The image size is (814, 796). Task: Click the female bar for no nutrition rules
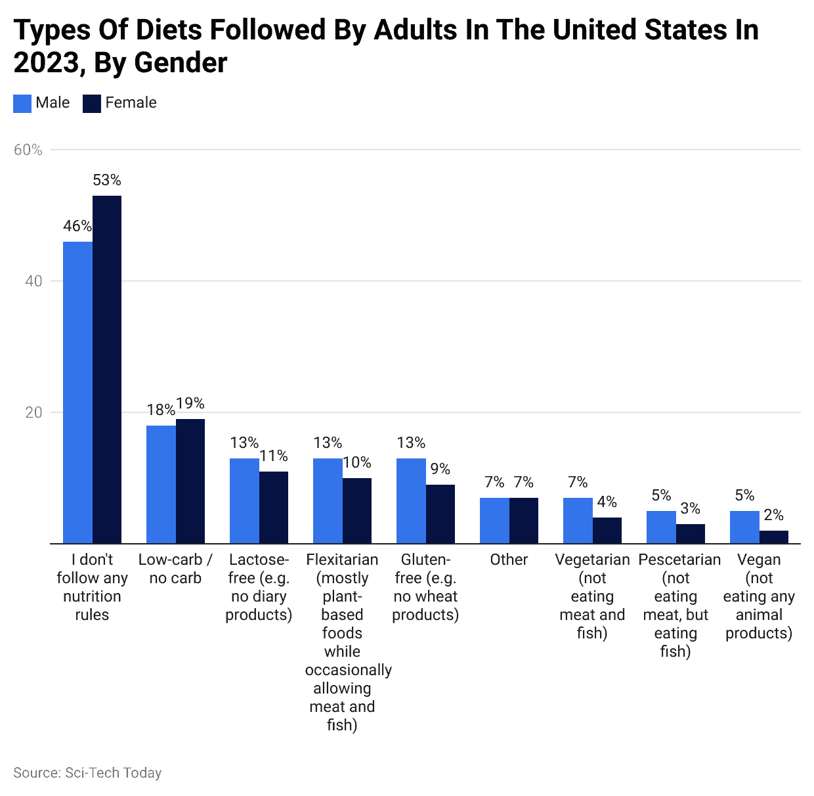[107, 369]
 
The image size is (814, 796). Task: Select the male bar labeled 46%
[77, 392]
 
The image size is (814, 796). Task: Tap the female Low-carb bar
[190, 481]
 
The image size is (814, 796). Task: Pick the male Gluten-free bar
[411, 500]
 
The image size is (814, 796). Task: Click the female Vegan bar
[774, 537]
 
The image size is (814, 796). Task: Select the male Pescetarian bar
[661, 527]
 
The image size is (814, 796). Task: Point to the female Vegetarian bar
[607, 530]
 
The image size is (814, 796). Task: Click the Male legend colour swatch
[22, 104]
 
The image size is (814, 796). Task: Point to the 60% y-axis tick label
[28, 150]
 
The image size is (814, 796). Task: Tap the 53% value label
[107, 180]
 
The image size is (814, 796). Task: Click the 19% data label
[190, 403]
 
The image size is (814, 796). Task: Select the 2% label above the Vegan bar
[774, 515]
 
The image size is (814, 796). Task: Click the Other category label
[509, 560]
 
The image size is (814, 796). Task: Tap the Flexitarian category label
[342, 560]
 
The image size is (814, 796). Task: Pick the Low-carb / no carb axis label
[175, 569]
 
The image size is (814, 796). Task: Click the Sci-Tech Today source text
[113, 773]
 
